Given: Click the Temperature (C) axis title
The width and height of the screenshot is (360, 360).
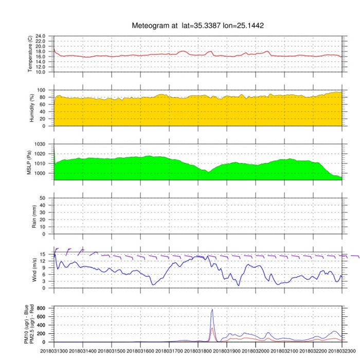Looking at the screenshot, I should coord(30,54).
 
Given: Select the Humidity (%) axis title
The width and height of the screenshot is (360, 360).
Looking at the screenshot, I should coord(30,108).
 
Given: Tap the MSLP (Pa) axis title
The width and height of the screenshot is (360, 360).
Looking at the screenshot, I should coord(30,162).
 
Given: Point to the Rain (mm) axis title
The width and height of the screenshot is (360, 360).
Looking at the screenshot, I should coord(30,216).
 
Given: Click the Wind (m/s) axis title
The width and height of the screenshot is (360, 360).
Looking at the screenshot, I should coord(30,270).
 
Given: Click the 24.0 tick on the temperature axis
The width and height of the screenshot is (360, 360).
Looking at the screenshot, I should coord(40,37).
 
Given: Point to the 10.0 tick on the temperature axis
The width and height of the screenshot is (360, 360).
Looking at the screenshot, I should coord(40,72).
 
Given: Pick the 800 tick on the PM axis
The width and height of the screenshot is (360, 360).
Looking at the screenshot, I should coord(43,309).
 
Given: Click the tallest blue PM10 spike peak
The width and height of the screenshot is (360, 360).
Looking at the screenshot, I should coord(212,310).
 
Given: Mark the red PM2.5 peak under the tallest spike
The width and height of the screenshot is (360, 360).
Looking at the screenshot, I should coord(212,328).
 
